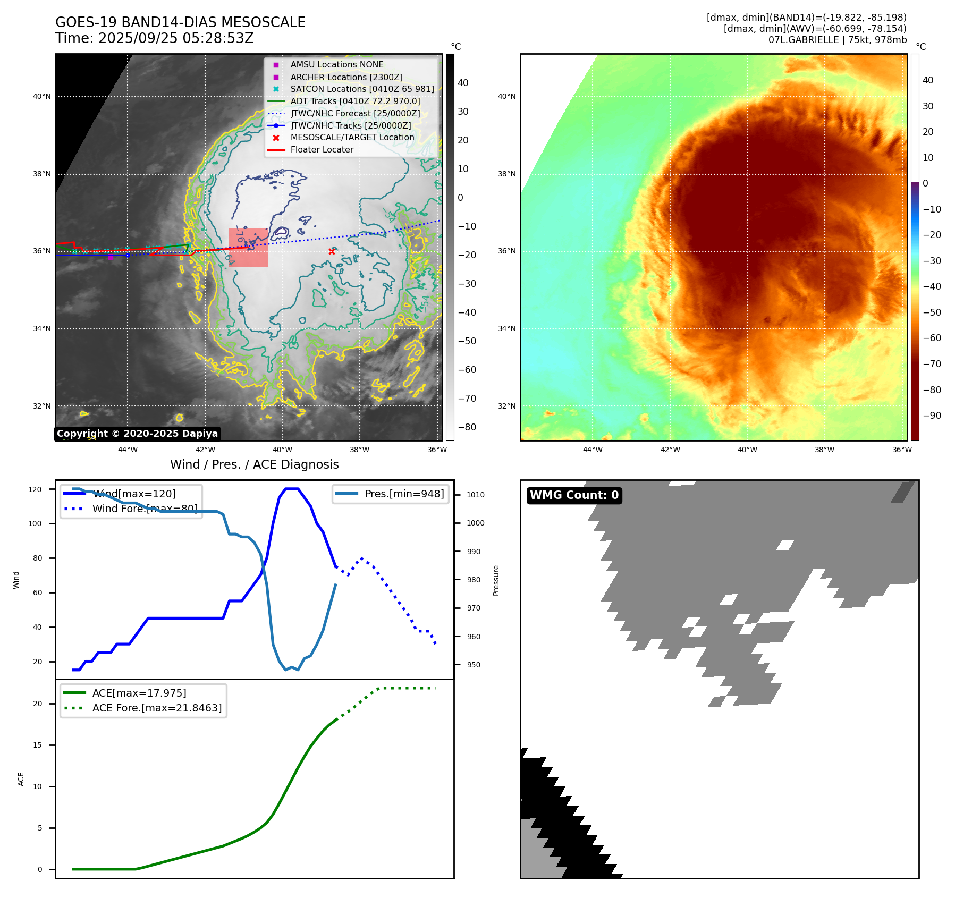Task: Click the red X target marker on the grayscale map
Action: tap(332, 251)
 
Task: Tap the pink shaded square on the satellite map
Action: tap(248, 247)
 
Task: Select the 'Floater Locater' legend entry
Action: tap(322, 150)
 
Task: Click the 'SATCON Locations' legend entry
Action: tap(362, 89)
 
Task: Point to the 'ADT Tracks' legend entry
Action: tap(355, 101)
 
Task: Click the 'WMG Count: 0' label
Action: tap(574, 495)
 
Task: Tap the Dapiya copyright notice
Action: tap(137, 434)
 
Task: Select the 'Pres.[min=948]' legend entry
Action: tap(404, 494)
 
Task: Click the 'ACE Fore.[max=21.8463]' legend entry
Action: tap(157, 708)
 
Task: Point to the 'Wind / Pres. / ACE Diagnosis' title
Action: tap(254, 464)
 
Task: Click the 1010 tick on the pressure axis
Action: tap(475, 495)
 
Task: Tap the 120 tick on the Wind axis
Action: tap(35, 489)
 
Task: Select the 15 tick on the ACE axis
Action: tap(37, 745)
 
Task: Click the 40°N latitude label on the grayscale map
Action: tap(42, 97)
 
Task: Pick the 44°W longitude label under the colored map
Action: tap(593, 450)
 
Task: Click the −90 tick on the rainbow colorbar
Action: tap(932, 416)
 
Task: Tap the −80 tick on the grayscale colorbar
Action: tap(467, 427)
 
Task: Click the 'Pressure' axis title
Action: tap(496, 580)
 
